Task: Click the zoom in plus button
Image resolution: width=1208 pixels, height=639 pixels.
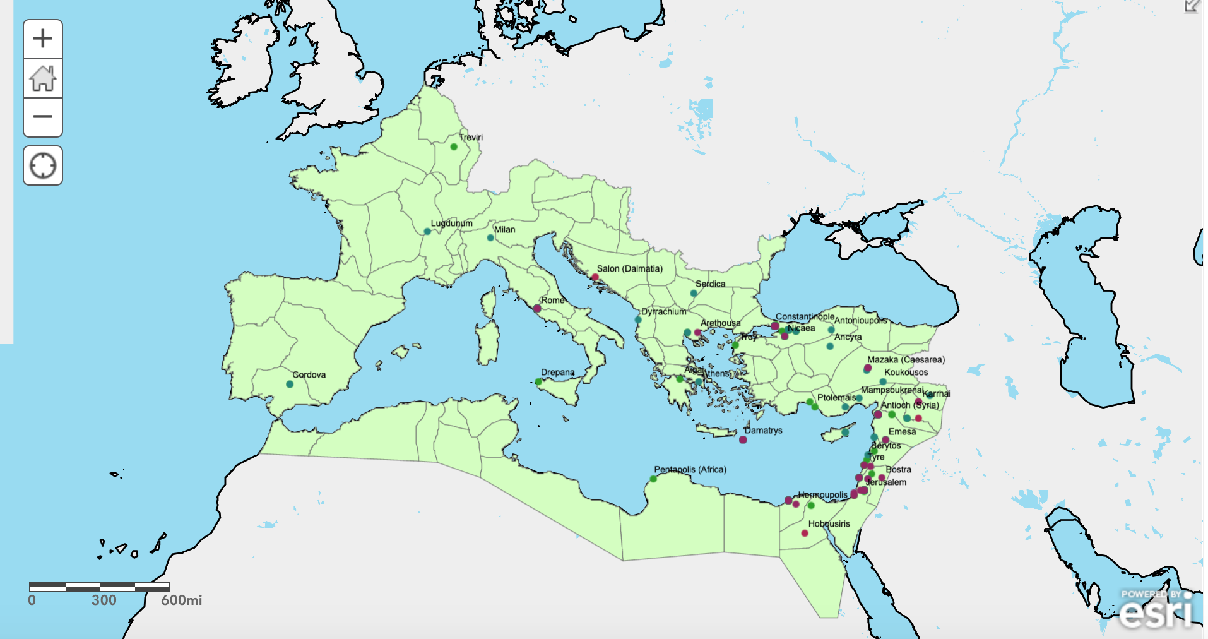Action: tap(42, 39)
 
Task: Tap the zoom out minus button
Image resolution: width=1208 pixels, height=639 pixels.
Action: tap(42, 117)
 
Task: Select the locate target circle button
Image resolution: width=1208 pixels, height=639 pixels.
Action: tap(42, 166)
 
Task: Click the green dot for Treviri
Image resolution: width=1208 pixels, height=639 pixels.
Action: tap(454, 147)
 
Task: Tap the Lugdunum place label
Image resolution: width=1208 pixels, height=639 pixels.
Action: tap(451, 224)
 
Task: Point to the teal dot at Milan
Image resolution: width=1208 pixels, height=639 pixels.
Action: tap(490, 238)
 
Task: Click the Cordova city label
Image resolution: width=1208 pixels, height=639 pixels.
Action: tap(309, 375)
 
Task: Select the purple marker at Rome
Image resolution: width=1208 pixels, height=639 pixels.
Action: tap(537, 309)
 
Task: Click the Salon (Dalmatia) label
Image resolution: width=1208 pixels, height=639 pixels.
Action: tap(629, 269)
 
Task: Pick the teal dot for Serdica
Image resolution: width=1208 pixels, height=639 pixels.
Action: tap(694, 293)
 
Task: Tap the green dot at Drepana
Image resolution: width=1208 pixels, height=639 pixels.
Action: tap(538, 382)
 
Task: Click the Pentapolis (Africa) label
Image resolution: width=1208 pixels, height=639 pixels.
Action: tap(690, 470)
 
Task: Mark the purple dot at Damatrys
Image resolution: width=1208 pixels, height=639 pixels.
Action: tap(743, 440)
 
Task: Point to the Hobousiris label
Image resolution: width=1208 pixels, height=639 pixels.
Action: tap(829, 524)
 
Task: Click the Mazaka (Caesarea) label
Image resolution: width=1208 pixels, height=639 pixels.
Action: tap(906, 360)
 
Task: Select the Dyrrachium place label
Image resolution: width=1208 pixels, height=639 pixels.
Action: tap(663, 312)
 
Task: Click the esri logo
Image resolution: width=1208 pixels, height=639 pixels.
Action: tap(1156, 610)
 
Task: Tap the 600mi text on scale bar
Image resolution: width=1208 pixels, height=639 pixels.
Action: tap(181, 600)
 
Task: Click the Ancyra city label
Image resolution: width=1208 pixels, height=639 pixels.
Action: tap(848, 337)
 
